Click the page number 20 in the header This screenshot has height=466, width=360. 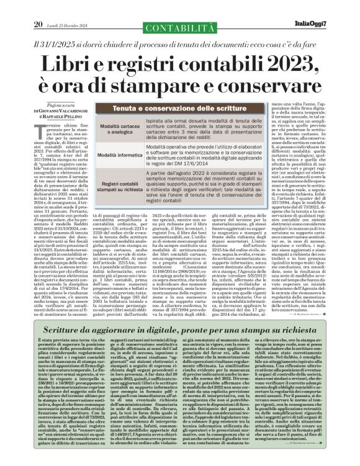(x=38, y=7)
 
